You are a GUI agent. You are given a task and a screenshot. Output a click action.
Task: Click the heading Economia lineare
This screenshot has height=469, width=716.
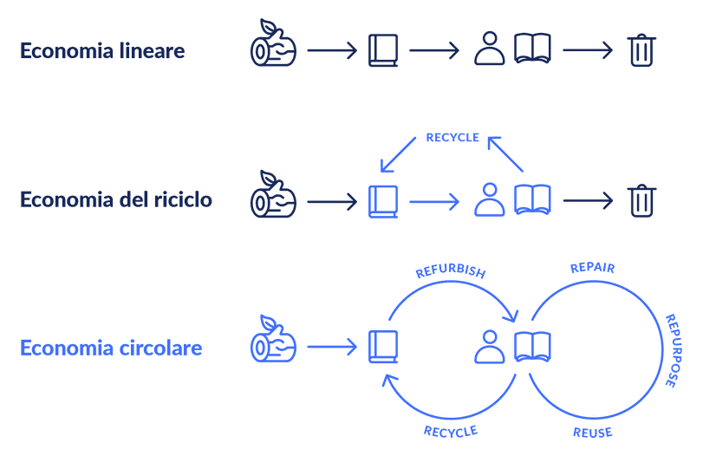(102, 50)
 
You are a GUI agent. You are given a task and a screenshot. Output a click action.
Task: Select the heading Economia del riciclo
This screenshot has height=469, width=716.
(116, 199)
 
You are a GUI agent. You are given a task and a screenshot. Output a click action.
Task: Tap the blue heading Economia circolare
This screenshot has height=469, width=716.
(111, 348)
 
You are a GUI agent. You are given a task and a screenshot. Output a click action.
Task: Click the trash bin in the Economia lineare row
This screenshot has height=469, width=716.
(641, 50)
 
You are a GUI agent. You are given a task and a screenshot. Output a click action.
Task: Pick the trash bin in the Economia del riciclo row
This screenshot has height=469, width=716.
(641, 200)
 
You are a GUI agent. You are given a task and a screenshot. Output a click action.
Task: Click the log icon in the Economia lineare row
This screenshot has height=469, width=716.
(273, 43)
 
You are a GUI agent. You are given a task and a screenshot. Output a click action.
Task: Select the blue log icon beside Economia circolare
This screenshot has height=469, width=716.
(273, 338)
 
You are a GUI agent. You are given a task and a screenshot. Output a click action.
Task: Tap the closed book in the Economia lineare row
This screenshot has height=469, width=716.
(383, 50)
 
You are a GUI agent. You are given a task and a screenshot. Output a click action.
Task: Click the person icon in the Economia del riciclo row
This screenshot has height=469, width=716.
(490, 199)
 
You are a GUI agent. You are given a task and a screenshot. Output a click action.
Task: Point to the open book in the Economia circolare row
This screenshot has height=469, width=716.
(532, 347)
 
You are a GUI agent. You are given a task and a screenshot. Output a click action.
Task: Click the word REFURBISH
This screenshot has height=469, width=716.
(450, 270)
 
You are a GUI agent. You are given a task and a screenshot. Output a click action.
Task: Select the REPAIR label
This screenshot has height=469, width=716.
(593, 268)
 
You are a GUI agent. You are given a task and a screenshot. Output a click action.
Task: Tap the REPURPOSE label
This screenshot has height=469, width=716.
(673, 351)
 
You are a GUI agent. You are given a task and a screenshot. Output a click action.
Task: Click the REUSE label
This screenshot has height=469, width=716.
(593, 433)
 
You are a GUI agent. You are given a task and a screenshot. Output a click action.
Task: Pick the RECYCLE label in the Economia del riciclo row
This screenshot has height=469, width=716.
(452, 138)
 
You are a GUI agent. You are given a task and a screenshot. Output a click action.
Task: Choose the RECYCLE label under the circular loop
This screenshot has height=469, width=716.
(451, 432)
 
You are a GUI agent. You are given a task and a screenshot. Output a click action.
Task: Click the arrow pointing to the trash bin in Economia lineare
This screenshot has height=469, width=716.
(588, 50)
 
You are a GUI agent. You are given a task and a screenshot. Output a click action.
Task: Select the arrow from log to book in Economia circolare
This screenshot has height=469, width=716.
(332, 347)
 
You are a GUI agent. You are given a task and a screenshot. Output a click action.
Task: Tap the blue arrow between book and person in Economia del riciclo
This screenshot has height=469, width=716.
(434, 202)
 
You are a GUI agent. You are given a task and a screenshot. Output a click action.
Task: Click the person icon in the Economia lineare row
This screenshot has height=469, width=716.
(490, 49)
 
